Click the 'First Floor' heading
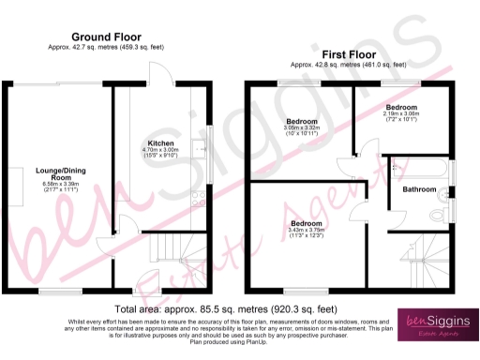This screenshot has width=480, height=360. pos(348,54)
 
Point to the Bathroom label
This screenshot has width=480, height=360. pos(419,189)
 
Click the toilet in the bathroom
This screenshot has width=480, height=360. pos(437,215)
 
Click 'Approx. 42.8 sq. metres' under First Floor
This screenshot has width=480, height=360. pos(348,65)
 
